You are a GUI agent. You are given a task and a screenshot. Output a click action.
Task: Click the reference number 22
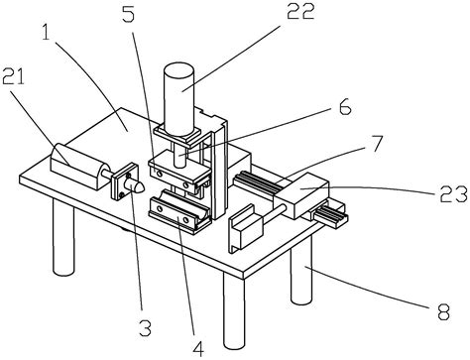300,12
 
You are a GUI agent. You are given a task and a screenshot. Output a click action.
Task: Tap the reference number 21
14,77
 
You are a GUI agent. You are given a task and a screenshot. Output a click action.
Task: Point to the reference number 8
443,312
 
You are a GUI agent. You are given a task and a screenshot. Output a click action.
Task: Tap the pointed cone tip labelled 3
136,186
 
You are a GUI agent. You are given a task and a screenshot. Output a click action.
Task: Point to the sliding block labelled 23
302,195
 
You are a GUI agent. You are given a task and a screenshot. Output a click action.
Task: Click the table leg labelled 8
301,270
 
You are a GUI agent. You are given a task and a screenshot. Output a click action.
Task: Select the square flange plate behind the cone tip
124,181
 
